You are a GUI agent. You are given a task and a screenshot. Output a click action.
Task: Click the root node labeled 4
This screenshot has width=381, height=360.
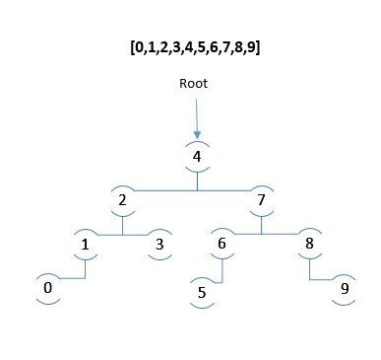point(197,156)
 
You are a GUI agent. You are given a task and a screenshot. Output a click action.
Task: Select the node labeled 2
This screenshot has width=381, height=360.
point(123,200)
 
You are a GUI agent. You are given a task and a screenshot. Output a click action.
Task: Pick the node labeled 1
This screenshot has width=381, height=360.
point(86,245)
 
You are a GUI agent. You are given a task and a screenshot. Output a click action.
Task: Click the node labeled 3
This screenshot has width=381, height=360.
point(159,245)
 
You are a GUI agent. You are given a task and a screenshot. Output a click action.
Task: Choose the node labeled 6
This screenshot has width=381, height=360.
point(222,245)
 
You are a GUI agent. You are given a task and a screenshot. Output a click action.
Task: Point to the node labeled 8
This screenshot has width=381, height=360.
point(309,245)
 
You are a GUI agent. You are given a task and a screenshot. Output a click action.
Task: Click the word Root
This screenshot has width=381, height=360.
point(193,84)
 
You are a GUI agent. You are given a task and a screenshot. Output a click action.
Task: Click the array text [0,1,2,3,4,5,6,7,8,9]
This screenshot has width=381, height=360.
point(193,46)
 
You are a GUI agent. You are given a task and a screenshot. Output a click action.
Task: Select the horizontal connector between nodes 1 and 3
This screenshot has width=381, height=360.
point(123,235)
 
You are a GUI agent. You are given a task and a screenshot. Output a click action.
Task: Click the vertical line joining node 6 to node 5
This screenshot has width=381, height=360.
point(222,270)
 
